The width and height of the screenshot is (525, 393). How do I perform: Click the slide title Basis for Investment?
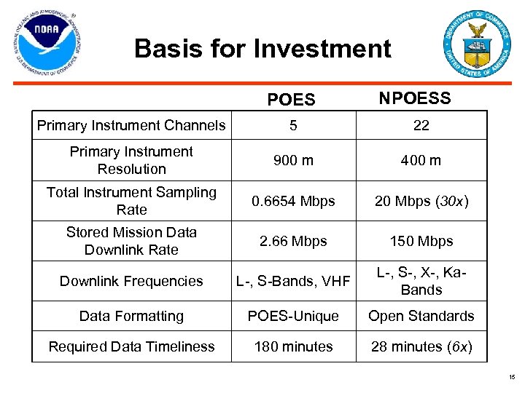pos(262,49)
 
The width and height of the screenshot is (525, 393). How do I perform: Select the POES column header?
pos(292,100)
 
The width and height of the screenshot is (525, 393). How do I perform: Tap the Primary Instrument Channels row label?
pos(131,125)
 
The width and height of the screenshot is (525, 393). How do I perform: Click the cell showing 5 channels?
pos(293,125)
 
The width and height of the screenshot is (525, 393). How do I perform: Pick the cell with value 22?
pos(421,125)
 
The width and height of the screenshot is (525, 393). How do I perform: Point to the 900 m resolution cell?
pos(293,160)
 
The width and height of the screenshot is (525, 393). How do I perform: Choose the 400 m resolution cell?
pos(421,160)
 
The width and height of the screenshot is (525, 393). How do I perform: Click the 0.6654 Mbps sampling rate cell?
pos(293,201)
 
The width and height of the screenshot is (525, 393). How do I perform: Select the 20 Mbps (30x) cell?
pos(421,201)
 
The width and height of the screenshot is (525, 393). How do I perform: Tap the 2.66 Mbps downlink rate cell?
pos(293,241)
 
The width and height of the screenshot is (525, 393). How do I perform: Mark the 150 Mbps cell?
pos(421,241)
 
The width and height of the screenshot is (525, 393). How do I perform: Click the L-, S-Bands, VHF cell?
pos(293,281)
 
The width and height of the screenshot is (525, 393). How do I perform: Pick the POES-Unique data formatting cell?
pos(293,316)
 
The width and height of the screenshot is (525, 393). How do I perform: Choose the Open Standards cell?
pos(421,316)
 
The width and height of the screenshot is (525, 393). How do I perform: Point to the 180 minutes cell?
pos(293,346)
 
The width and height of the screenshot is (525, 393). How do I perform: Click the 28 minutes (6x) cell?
pos(421,346)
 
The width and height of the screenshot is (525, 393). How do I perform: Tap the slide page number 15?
pos(512,377)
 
